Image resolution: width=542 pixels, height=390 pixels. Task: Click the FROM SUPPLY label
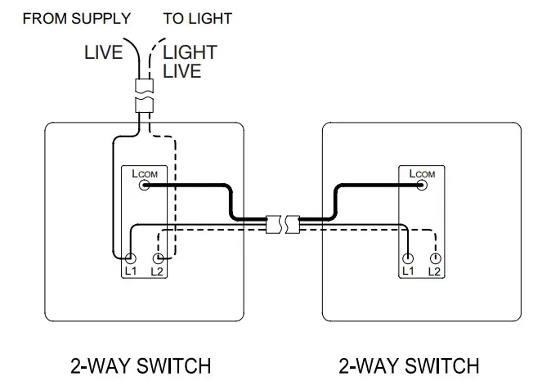click(76, 18)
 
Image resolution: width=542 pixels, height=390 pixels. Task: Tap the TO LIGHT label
click(197, 18)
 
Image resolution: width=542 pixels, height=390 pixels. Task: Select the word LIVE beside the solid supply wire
click(104, 52)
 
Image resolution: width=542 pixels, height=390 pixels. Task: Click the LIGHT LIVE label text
click(190, 61)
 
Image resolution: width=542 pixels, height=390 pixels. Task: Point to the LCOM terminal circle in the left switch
click(145, 186)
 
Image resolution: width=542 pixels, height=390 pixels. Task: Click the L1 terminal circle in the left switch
click(130, 258)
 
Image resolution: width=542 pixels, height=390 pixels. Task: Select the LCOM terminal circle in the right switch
click(423, 186)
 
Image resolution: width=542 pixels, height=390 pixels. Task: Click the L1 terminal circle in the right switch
click(408, 258)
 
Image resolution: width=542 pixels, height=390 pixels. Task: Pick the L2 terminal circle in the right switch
click(435, 258)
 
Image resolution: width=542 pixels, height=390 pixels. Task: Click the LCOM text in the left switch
click(144, 174)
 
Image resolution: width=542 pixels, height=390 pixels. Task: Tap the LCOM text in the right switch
click(422, 174)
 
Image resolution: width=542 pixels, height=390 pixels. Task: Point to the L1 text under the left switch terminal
click(130, 271)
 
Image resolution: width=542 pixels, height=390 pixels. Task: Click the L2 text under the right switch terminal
click(435, 271)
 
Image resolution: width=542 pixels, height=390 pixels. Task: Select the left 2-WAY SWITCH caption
click(141, 365)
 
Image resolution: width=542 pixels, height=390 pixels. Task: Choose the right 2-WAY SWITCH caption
click(409, 365)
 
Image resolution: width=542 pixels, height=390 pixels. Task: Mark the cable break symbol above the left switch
click(145, 95)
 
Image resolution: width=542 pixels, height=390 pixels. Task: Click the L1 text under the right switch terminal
click(408, 271)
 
